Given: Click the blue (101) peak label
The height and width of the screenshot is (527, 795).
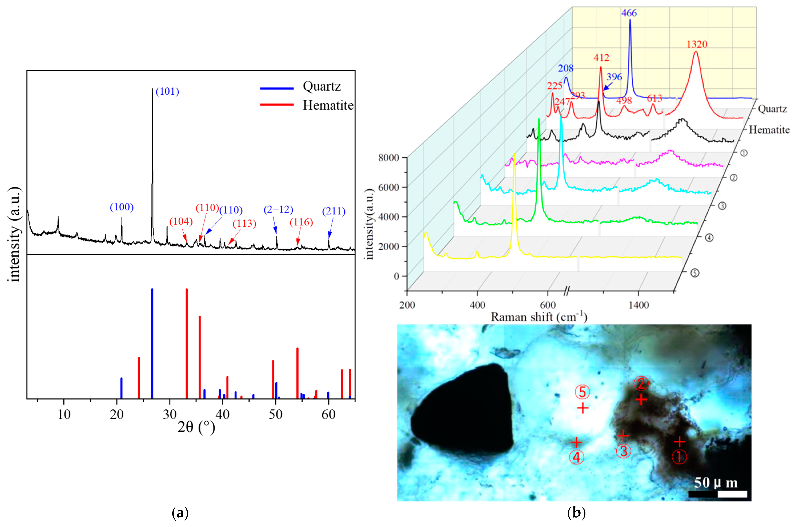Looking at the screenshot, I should (x=167, y=91).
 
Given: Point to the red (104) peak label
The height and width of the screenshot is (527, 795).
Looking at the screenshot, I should (x=181, y=221).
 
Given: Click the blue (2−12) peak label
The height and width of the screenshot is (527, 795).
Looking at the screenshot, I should (x=278, y=210).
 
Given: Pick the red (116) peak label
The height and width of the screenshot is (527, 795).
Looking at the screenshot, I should (x=301, y=222).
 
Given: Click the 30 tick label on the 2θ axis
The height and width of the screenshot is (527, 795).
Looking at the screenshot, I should (x=170, y=414).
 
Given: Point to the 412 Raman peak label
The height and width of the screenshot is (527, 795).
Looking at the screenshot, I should (x=601, y=58).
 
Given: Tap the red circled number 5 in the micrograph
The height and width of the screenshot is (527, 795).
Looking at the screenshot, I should (x=582, y=392).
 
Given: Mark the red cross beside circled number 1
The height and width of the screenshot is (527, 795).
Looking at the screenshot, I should (x=680, y=441).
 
